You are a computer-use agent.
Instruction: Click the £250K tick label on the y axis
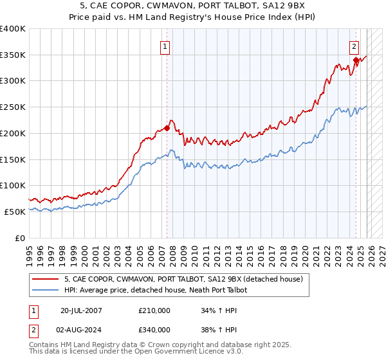coord(13,107)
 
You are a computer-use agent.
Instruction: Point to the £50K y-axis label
coord(15,212)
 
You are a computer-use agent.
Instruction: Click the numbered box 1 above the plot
coord(165,46)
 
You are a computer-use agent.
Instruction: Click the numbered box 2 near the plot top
coord(354,46)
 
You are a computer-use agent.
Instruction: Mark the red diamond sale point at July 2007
coord(167,128)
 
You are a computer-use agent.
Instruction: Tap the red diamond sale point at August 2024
coord(356,60)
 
